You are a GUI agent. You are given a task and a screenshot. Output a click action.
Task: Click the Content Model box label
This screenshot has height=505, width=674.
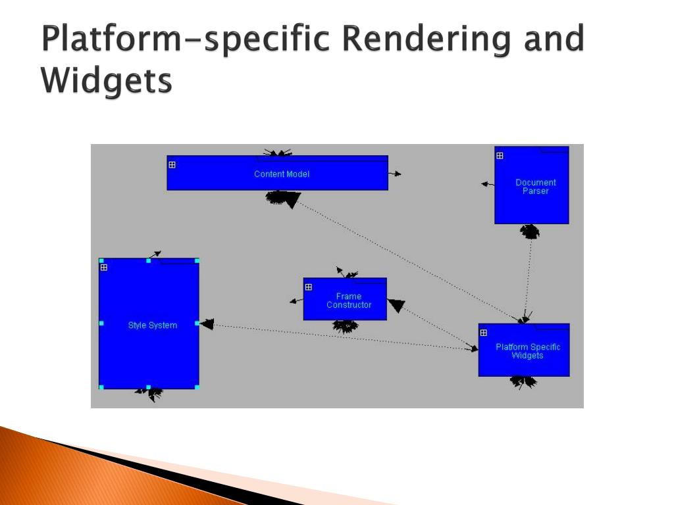pyautogui.click(x=282, y=174)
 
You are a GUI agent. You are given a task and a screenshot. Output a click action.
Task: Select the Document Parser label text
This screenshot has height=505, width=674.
pyautogui.click(x=535, y=187)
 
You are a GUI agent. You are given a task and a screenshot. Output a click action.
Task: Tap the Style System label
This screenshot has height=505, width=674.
pyautogui.click(x=152, y=325)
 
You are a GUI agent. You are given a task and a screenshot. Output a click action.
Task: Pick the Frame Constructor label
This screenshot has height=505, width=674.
pyautogui.click(x=349, y=301)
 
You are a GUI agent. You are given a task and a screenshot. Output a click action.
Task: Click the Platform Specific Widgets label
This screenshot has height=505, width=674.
pyautogui.click(x=527, y=351)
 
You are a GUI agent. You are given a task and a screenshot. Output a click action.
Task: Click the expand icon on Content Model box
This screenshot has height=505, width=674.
pyautogui.click(x=172, y=165)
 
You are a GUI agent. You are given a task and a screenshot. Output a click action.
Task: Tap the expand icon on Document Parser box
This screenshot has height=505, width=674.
pyautogui.click(x=500, y=156)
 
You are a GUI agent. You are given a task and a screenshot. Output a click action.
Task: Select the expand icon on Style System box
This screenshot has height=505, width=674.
pyautogui.click(x=103, y=268)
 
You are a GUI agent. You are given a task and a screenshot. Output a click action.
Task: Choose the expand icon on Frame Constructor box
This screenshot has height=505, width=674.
pyautogui.click(x=308, y=287)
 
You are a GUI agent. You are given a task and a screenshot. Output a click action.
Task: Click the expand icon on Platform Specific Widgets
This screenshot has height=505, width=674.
pyautogui.click(x=484, y=333)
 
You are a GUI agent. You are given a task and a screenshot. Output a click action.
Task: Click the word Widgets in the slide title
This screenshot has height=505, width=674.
pyautogui.click(x=106, y=82)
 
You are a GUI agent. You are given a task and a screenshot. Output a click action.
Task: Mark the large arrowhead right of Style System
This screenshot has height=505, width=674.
pyautogui.click(x=207, y=324)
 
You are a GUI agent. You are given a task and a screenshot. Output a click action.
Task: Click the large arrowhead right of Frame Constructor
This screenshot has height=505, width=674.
pyautogui.click(x=396, y=305)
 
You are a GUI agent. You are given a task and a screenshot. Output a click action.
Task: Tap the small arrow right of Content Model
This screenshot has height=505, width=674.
pyautogui.click(x=395, y=174)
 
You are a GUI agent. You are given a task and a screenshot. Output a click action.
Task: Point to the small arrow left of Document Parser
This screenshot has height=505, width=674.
pyautogui.click(x=487, y=184)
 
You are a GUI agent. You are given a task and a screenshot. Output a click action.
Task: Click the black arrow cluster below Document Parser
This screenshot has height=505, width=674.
pyautogui.click(x=529, y=231)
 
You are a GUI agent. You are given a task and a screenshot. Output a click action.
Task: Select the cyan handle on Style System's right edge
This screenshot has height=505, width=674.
pyautogui.click(x=197, y=324)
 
